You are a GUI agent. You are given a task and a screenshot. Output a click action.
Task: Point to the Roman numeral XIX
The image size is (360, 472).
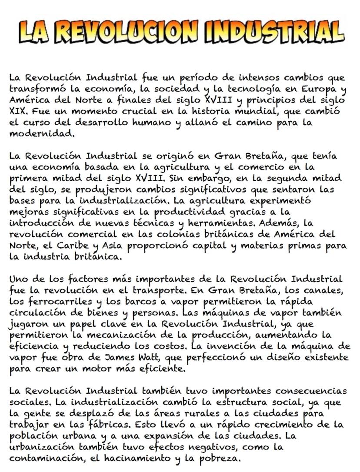(17, 111)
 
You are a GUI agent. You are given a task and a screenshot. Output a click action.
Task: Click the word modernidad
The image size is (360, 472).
(41, 133)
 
